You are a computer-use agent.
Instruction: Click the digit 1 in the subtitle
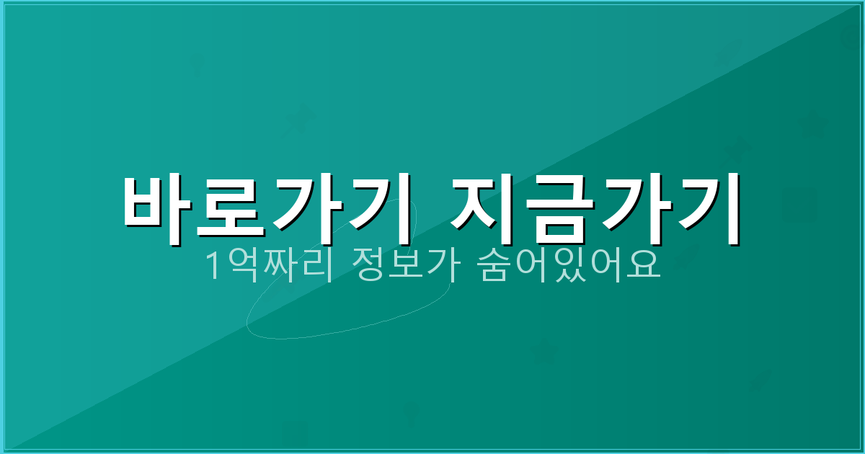tap(213, 267)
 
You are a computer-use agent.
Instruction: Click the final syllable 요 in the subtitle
tap(640, 267)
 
